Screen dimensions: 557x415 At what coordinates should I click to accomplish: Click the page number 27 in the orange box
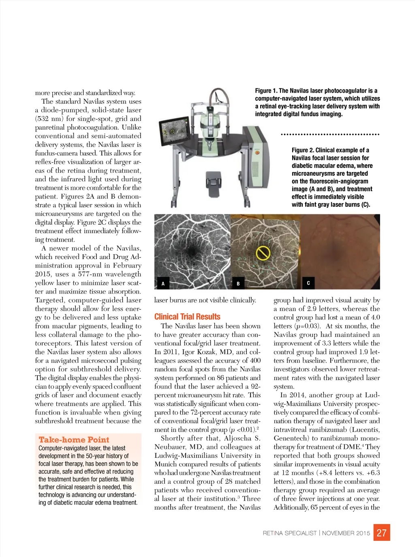[x=382, y=533]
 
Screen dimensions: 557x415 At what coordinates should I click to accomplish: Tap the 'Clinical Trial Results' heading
[x=187, y=317]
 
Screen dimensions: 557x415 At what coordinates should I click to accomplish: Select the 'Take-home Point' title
[x=74, y=440]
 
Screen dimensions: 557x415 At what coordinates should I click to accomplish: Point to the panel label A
[x=163, y=284]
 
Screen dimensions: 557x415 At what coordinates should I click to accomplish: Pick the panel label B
[x=238, y=284]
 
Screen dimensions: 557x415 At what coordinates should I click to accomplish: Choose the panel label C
[x=308, y=283]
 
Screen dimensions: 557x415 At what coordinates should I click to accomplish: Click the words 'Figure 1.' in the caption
[x=266, y=91]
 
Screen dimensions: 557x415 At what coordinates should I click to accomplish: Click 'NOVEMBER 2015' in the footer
[x=346, y=533]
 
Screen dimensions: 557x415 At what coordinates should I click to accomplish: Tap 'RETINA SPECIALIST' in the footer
[x=289, y=533]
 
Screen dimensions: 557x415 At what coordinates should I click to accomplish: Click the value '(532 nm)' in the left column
[x=49, y=119]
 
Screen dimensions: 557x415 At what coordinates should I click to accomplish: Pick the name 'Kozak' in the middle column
[x=206, y=352]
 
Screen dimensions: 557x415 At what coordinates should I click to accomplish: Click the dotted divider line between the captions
[x=330, y=134]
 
